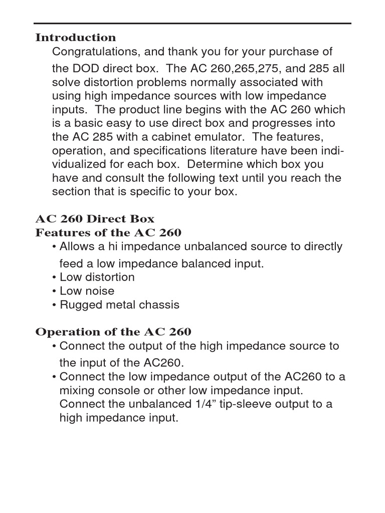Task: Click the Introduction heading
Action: [75, 38]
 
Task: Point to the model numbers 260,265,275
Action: [245, 69]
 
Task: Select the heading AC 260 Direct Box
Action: [95, 219]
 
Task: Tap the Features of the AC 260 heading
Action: [108, 233]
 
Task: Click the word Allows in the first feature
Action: [76, 246]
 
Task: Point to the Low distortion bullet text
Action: [97, 277]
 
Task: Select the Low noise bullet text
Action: [87, 291]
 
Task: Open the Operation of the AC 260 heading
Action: [113, 332]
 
